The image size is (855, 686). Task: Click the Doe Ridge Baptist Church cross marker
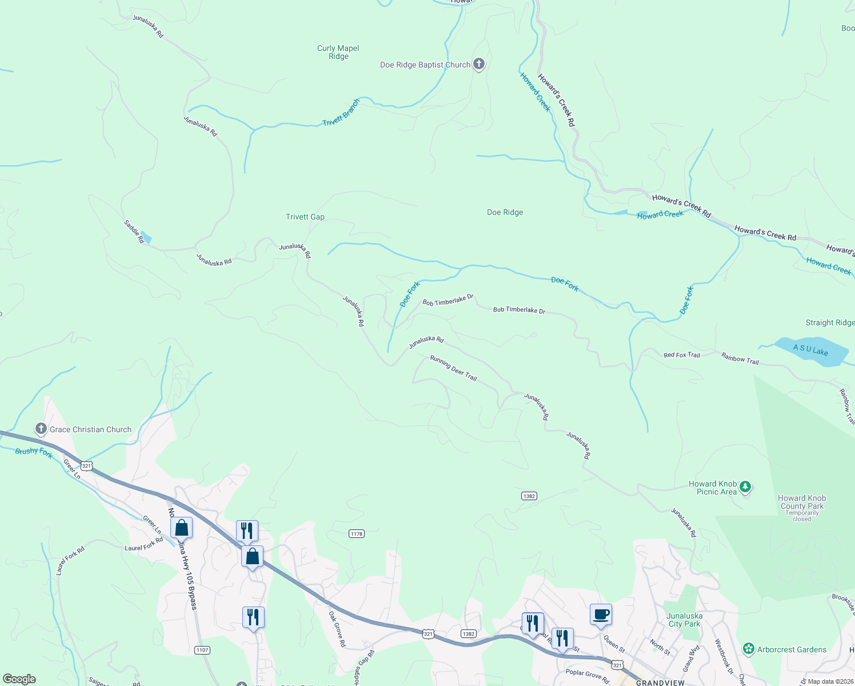(x=479, y=64)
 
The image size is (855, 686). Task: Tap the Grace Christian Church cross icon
(x=41, y=429)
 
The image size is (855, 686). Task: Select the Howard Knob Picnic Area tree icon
(x=745, y=487)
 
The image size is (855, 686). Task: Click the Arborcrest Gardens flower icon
(x=748, y=649)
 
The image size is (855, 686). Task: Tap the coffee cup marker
(x=601, y=615)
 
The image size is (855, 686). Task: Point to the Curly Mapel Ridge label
(x=338, y=52)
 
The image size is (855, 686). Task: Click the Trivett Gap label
(x=305, y=217)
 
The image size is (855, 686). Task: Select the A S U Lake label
(x=810, y=350)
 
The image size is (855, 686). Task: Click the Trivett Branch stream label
(x=341, y=113)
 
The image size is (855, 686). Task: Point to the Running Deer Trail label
(x=453, y=368)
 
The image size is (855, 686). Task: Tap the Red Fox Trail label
(x=681, y=355)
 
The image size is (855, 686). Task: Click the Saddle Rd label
(x=134, y=231)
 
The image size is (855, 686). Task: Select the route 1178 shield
(x=357, y=533)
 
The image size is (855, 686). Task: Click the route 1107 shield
(x=202, y=650)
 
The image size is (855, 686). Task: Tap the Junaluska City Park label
(x=684, y=620)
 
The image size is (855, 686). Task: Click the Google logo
(x=19, y=679)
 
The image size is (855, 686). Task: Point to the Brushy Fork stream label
(x=34, y=452)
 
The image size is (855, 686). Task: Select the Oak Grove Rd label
(x=337, y=629)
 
